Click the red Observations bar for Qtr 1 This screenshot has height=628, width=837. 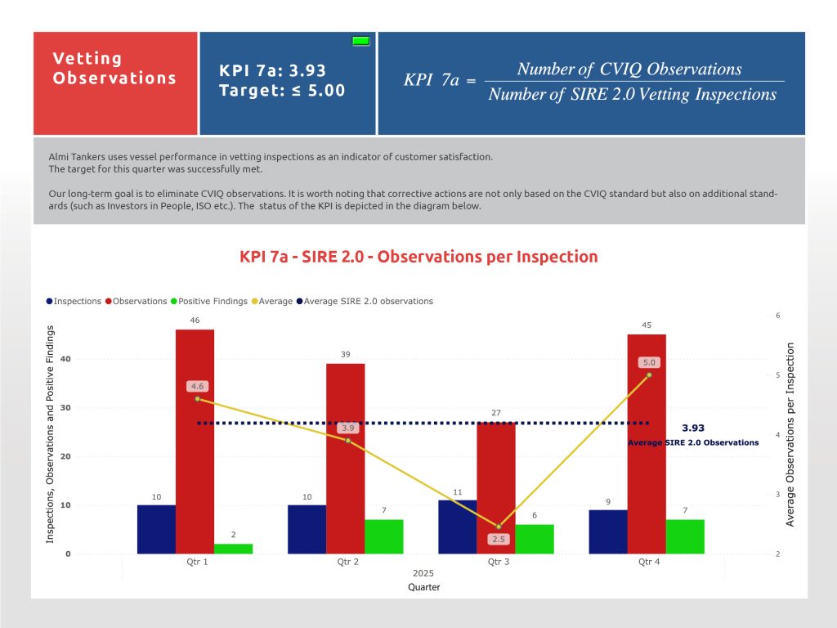point(195,442)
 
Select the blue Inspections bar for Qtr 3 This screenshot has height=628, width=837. point(458,527)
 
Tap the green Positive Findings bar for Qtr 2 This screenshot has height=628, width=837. point(383,536)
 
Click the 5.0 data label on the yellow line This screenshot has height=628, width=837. point(650,362)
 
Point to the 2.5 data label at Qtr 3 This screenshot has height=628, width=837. point(499,539)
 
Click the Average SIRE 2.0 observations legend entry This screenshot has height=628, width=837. point(369,301)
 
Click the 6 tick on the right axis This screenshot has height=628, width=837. point(778,316)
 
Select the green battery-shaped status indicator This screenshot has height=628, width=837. point(360,40)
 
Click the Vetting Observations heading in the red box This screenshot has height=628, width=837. point(114,69)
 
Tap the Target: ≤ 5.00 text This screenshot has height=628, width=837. point(282,91)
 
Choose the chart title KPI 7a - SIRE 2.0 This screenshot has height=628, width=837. point(418,257)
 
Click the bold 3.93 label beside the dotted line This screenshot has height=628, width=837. point(692,428)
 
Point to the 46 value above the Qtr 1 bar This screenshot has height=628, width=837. point(195,321)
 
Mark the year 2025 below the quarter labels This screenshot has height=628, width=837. point(423,574)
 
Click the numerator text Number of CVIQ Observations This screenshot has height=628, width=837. point(629,70)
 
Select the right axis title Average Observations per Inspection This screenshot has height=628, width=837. point(790,433)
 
